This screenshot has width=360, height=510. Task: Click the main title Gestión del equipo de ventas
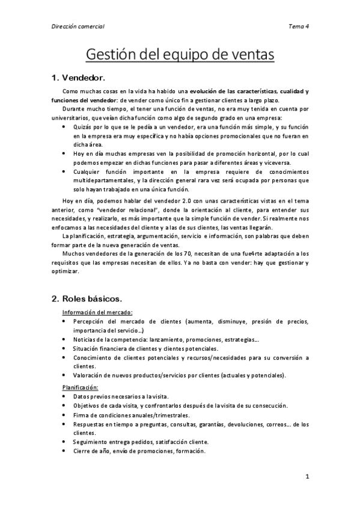point(180,55)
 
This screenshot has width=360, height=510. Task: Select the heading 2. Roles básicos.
point(86,298)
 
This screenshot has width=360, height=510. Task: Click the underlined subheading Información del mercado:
point(97,312)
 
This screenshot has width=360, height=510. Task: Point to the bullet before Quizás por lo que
point(65,127)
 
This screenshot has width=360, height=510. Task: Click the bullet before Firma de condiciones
point(65,415)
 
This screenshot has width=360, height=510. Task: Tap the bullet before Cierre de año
point(65,450)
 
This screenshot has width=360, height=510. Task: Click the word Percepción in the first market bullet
point(91,322)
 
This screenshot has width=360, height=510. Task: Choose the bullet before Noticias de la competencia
point(65,339)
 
